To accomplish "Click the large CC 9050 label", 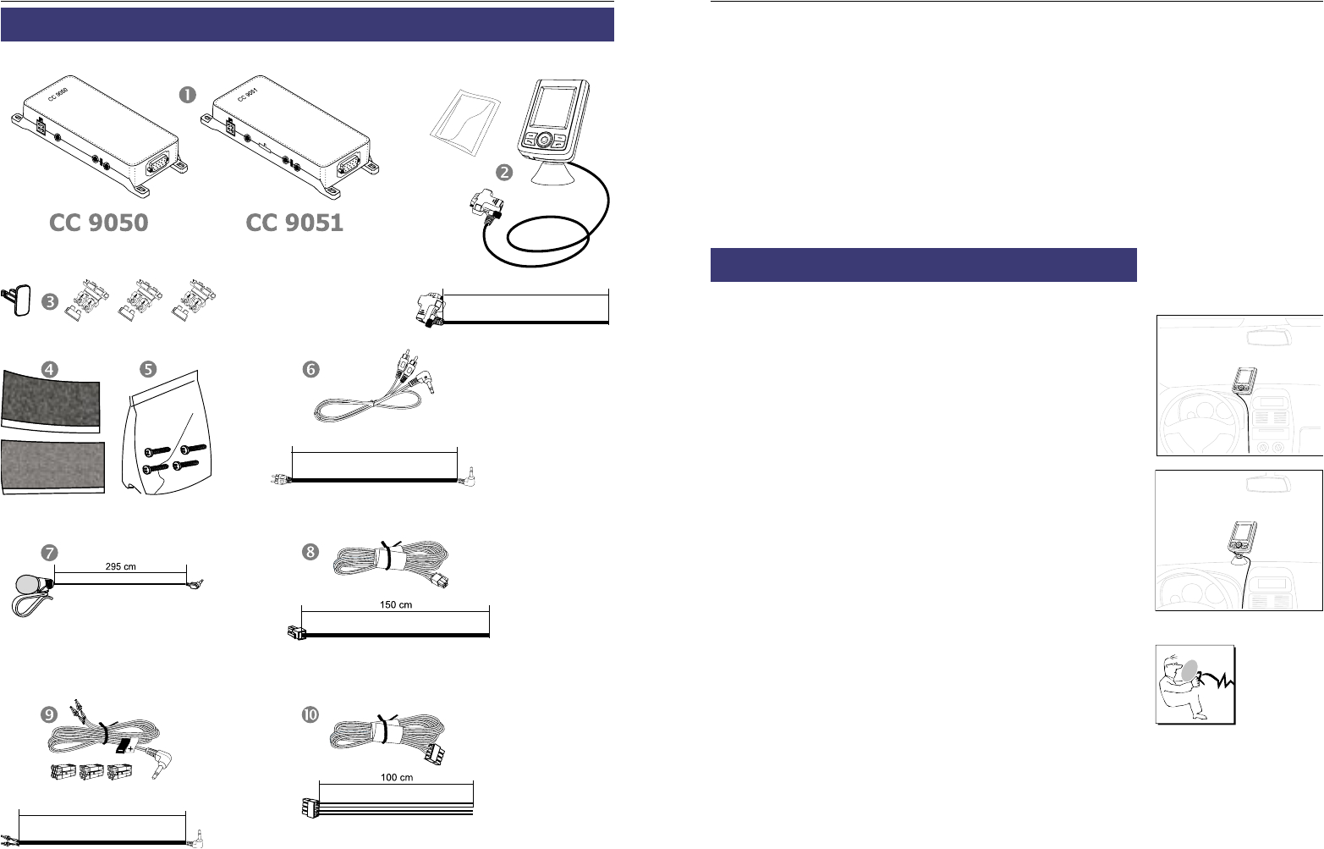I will [99, 223].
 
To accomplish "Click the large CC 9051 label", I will [294, 223].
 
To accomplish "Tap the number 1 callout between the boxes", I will [188, 95].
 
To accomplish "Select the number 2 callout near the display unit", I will [504, 173].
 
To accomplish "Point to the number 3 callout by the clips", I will [51, 300].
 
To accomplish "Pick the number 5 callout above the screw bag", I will [148, 369].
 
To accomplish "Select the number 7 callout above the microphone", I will [51, 552].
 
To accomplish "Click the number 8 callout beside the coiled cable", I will [311, 552].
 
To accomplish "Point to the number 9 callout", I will [51, 714].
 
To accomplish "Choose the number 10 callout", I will [311, 714].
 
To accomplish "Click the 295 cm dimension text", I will [120, 567].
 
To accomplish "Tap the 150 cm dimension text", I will [396, 605].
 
